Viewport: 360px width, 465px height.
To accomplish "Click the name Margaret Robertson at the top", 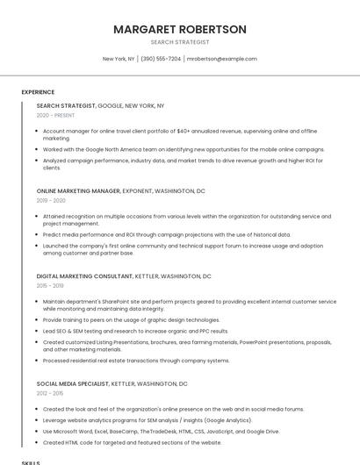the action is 180,29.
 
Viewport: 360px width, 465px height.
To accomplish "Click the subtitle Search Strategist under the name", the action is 180,42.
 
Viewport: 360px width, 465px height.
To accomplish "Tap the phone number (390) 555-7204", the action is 161,59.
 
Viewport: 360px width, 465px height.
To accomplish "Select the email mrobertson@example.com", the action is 222,59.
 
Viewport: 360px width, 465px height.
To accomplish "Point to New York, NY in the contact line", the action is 119,59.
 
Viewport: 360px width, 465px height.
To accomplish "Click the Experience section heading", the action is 38,92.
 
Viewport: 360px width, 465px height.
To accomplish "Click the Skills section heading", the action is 31,461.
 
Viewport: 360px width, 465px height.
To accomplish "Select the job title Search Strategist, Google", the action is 100,105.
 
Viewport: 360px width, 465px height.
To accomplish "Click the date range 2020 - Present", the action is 55,115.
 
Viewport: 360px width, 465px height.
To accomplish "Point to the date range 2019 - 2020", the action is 51,200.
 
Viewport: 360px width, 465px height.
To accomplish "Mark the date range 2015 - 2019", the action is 50,285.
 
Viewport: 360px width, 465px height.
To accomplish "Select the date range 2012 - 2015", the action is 50,393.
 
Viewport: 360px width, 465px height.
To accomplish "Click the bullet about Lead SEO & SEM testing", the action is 135,331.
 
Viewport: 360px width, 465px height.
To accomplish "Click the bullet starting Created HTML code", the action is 132,442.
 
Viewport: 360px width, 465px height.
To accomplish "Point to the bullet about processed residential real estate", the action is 136,360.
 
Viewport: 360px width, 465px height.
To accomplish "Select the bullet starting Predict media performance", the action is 166,234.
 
